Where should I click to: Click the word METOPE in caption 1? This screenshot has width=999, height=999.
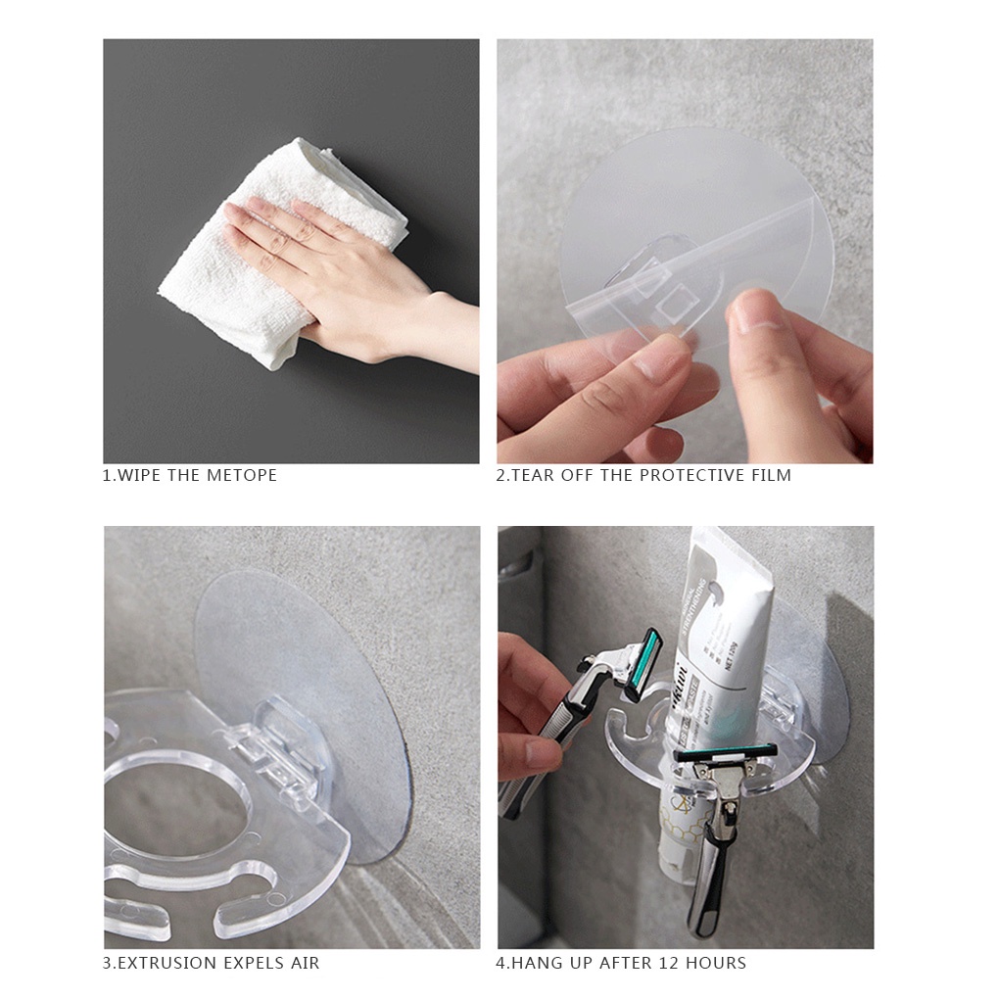[241, 475]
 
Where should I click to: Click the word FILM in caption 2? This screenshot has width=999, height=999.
[771, 475]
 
